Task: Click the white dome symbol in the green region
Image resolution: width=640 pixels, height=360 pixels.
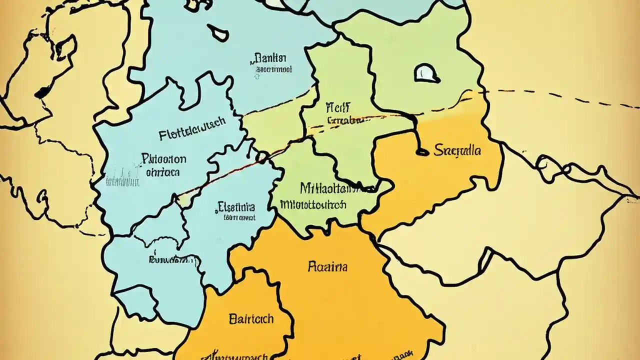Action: pos(426,74)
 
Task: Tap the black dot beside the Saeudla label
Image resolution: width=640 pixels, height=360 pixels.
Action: pos(422,151)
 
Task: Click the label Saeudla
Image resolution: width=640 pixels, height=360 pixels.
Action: pos(457,150)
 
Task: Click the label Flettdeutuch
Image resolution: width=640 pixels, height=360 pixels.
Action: pos(192,134)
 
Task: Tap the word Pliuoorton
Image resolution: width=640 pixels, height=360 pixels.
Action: pos(163,159)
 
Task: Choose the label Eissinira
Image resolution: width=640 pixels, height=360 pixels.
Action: pos(236,206)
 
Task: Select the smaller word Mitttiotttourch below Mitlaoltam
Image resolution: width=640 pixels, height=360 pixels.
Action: pos(313,204)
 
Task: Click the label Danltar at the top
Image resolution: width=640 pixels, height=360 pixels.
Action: pos(270,57)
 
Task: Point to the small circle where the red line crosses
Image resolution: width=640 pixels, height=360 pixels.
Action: pos(262,157)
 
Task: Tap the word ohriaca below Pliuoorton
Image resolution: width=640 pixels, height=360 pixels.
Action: pos(162,172)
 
